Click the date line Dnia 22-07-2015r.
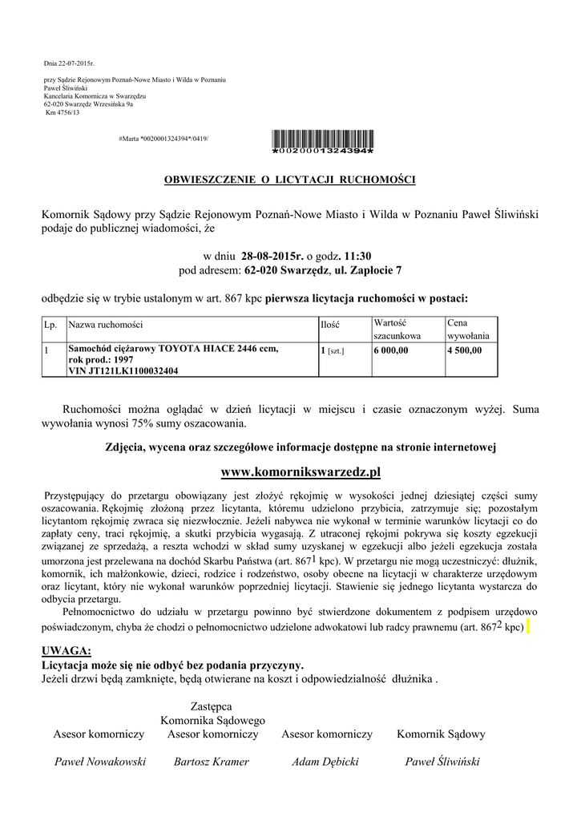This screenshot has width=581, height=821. click(68, 63)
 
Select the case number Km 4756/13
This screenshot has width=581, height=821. click(61, 112)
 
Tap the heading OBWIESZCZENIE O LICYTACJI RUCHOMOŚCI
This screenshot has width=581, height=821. click(290, 178)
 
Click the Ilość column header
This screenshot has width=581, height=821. click(330, 326)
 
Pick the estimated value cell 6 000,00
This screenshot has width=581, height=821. click(391, 350)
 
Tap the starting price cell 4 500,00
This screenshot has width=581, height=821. click(465, 350)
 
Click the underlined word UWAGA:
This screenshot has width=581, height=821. click(66, 649)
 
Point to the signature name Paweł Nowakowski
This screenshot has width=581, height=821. click(99, 762)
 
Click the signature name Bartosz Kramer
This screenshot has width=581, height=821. click(212, 762)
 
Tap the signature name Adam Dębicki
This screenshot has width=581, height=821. click(325, 762)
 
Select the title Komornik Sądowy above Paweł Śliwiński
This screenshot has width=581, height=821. click(441, 734)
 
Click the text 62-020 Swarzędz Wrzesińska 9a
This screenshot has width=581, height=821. click(88, 104)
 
